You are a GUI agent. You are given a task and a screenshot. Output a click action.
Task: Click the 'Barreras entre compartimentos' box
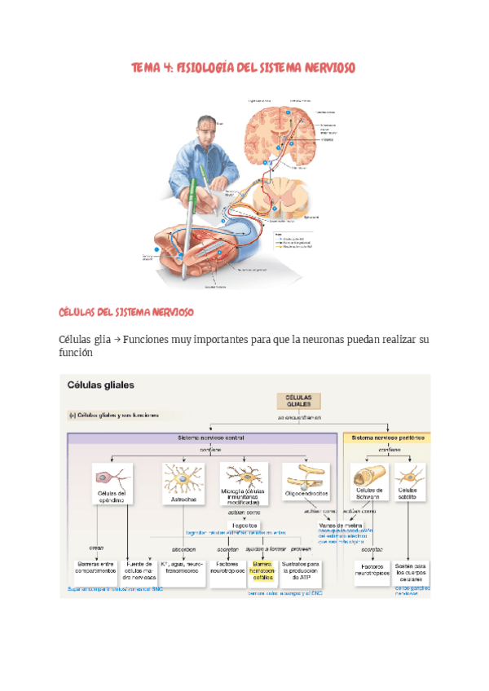(x=93, y=567)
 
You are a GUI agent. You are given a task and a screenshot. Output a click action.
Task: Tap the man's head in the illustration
(x=205, y=128)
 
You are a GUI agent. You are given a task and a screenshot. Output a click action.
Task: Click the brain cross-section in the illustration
(x=280, y=130)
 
